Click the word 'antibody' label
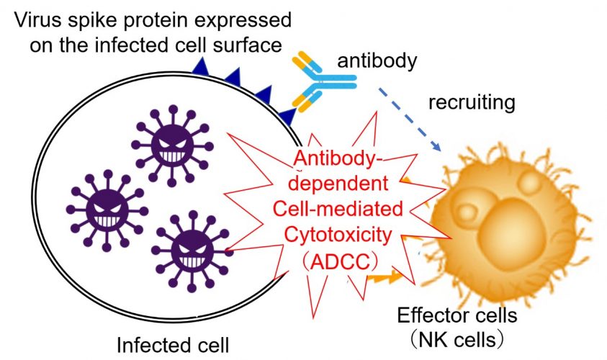tap(377, 61)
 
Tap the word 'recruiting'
tap(472, 102)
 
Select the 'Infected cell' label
tap(173, 345)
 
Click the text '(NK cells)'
tap(457, 340)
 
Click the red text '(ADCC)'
tap(338, 263)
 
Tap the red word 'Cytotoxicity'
tap(338, 235)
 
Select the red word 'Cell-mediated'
tap(338, 209)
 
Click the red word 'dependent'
tap(338, 183)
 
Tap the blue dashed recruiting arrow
tap(410, 120)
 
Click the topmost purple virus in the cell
tap(172, 145)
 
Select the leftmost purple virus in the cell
tap(107, 210)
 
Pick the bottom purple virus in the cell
tap(192, 251)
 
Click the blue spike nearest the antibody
tap(289, 116)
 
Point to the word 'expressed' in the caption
tap(243, 20)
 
